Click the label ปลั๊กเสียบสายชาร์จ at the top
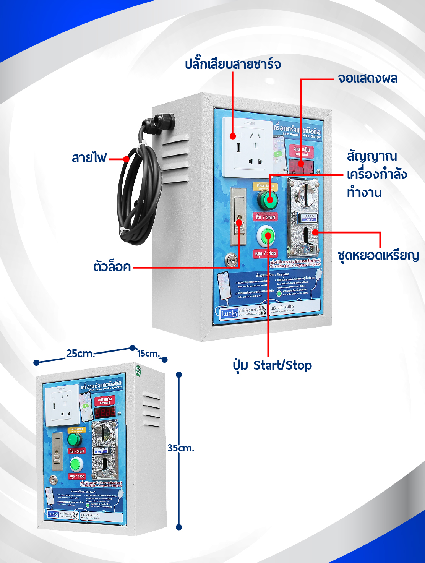[x=233, y=63]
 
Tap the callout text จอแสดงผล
[x=367, y=78]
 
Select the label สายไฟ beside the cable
[x=89, y=158]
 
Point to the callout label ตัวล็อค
[x=112, y=267]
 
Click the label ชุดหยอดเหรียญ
[x=378, y=255]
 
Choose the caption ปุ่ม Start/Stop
[x=272, y=365]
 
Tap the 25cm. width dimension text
[x=80, y=354]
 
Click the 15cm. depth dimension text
[x=148, y=354]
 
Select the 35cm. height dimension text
[x=181, y=448]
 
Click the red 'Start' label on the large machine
[x=265, y=217]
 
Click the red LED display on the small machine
[x=105, y=412]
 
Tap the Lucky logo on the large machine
[x=229, y=313]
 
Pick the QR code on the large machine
[x=263, y=310]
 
